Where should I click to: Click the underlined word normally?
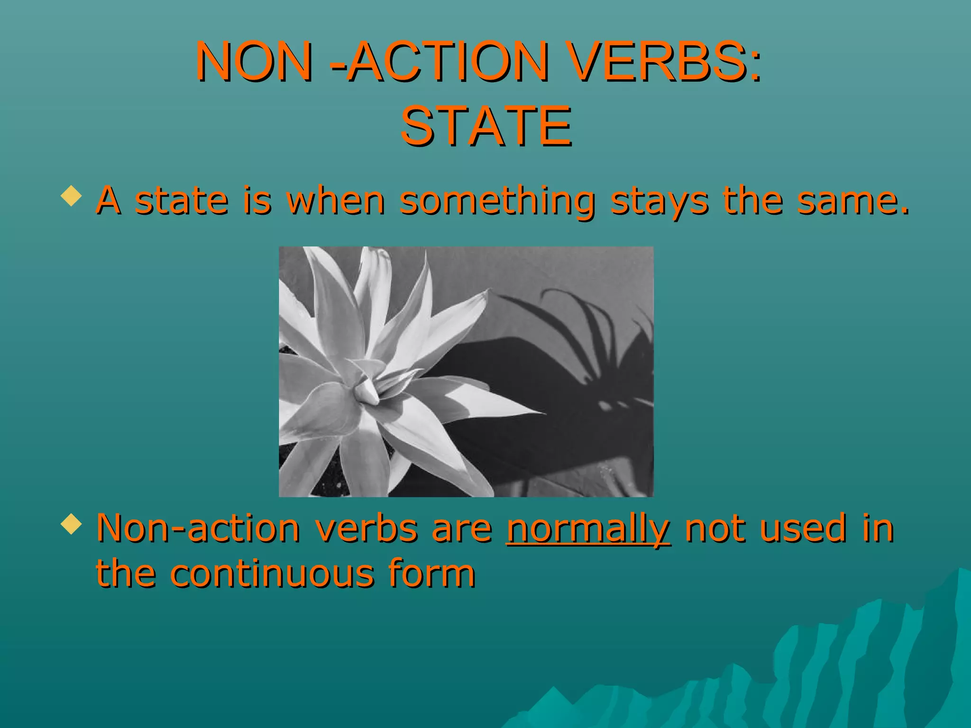point(588,528)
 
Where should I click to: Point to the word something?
point(497,200)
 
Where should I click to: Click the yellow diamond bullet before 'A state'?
point(71,196)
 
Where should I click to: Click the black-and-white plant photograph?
point(466,372)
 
